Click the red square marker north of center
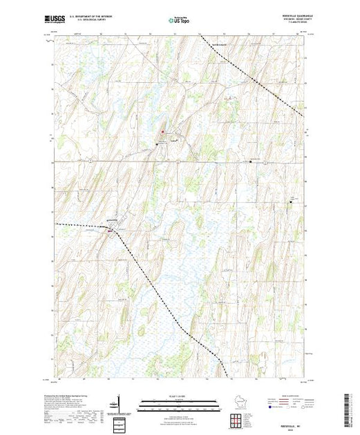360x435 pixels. click(x=163, y=133)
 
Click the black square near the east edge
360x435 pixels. click(x=291, y=204)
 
